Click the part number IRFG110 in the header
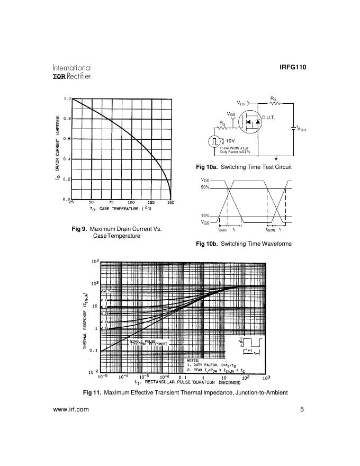292,67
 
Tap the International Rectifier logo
71,72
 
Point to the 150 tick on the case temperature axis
170,203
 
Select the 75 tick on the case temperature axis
111,203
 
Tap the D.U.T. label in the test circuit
269,117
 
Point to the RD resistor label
273,99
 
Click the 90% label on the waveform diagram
205,187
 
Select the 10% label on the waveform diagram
205,216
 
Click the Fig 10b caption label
206,244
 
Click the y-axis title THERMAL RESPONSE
85,324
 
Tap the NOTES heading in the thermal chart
193,360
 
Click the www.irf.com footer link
71,409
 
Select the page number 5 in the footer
302,409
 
